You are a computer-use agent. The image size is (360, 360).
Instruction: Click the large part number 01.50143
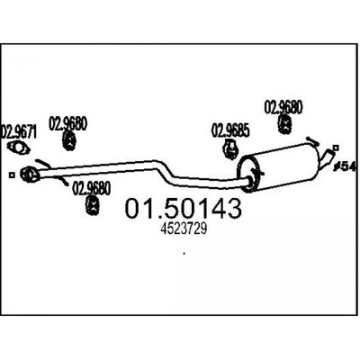(183, 208)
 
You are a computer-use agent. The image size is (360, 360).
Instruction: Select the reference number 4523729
(184, 229)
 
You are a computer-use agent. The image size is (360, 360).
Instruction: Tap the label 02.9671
(19, 132)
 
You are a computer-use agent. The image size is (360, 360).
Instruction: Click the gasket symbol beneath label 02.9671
(19, 148)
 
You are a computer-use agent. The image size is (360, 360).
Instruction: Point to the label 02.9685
(230, 130)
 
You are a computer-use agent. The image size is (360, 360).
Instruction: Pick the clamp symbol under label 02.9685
(231, 149)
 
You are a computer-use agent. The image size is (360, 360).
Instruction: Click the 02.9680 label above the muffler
(283, 107)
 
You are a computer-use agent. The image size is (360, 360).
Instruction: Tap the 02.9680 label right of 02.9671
(67, 123)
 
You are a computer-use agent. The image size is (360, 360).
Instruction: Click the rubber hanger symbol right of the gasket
(70, 140)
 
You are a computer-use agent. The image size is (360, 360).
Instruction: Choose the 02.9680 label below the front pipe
(92, 188)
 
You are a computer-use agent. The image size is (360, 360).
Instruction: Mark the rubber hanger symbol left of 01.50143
(93, 205)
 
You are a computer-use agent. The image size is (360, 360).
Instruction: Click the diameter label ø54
(345, 166)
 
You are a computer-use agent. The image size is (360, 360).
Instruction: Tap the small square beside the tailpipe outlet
(336, 148)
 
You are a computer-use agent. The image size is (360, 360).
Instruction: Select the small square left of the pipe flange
(12, 175)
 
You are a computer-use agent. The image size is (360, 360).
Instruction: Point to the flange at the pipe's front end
(30, 174)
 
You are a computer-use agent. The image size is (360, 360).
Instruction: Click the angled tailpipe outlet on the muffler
(327, 158)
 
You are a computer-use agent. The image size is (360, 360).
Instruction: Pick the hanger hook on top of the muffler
(312, 141)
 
